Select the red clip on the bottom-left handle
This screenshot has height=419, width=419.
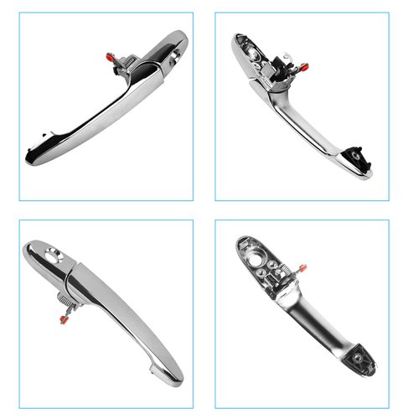point(63,317)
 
